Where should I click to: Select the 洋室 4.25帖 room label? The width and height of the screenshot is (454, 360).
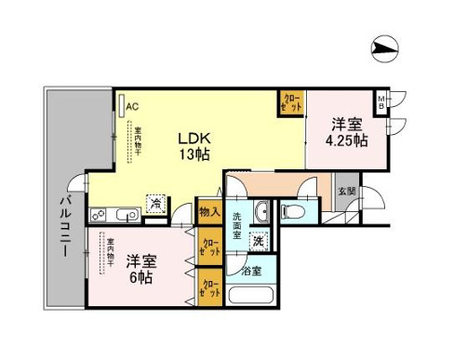[345, 133]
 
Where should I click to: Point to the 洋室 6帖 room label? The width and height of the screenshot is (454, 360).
[141, 268]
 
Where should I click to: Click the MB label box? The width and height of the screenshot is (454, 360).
[381, 100]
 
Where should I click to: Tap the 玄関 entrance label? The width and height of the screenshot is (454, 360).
[346, 191]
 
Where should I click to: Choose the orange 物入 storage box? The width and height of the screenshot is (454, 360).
[209, 212]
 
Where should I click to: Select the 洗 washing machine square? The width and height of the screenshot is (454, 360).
[258, 241]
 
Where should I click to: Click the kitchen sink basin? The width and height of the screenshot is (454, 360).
[128, 216]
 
